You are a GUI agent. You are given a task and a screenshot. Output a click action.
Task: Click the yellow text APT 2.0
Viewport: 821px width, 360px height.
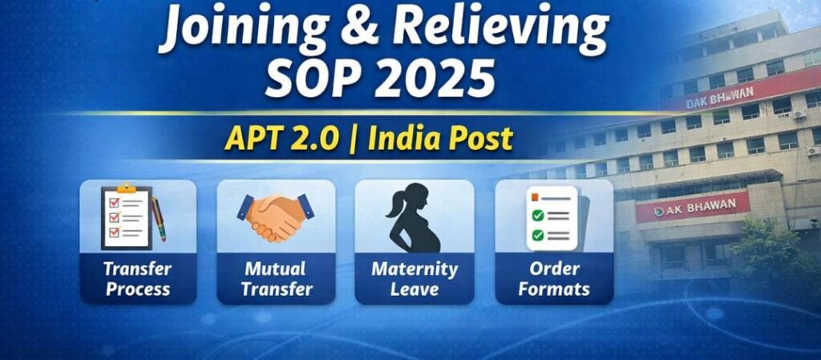pyautogui.click(x=283, y=139)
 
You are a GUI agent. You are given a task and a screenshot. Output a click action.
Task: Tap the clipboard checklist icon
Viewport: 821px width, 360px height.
pyautogui.click(x=126, y=216)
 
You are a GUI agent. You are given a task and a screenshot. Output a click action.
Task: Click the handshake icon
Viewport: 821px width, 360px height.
pyautogui.click(x=276, y=216)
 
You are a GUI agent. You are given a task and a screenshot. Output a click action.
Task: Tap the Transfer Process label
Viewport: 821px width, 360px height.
pyautogui.click(x=138, y=279)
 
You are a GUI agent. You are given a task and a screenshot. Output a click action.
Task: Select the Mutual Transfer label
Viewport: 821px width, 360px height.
pyautogui.click(x=276, y=279)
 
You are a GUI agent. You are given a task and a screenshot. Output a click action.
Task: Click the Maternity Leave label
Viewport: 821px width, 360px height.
pyautogui.click(x=415, y=279)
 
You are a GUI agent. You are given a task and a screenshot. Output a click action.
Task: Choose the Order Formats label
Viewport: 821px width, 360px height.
pyautogui.click(x=554, y=279)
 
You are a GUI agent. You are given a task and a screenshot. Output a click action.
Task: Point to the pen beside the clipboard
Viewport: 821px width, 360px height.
pyautogui.click(x=159, y=219)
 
